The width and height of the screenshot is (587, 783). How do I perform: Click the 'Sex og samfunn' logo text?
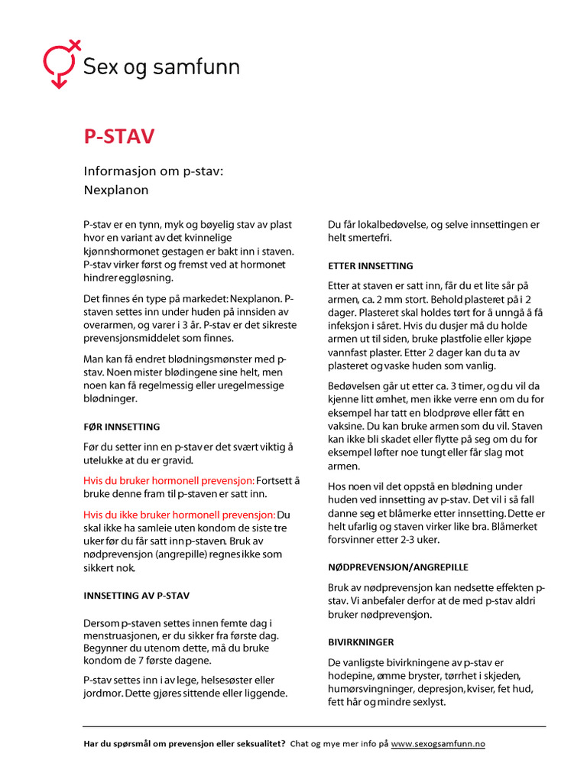coord(161,67)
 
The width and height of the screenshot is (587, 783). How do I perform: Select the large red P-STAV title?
coord(119,137)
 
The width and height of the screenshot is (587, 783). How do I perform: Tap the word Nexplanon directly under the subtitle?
coord(115,189)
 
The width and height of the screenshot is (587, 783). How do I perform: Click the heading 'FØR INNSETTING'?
coord(122,426)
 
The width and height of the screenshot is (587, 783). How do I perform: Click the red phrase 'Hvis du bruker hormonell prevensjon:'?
coord(169,480)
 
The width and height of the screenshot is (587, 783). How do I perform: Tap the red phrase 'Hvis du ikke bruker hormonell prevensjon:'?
coord(179,514)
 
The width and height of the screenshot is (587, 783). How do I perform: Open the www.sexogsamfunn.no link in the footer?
coord(438,743)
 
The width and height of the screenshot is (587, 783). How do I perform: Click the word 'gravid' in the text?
coord(177,460)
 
